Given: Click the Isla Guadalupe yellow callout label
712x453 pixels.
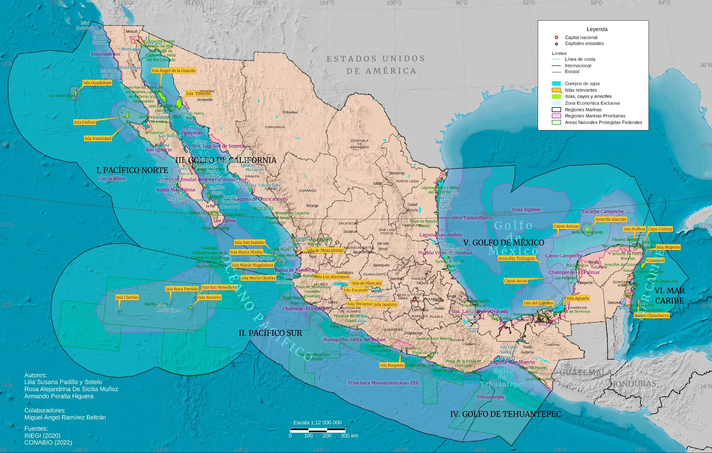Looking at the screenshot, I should click(x=97, y=83).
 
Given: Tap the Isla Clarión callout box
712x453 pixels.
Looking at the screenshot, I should click(x=127, y=297).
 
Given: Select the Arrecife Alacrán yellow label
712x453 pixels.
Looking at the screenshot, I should click(x=611, y=219).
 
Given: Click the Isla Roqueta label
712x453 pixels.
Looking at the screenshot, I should click(x=392, y=365).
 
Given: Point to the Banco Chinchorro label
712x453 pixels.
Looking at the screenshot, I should click(x=652, y=315).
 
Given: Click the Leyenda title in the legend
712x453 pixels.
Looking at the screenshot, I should click(x=597, y=29).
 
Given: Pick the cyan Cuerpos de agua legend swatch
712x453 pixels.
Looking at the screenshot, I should click(x=556, y=83).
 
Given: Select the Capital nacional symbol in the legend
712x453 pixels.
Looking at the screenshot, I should click(x=556, y=37).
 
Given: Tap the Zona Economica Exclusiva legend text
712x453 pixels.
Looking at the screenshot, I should click(x=592, y=103).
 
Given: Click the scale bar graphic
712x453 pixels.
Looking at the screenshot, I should click(x=317, y=430).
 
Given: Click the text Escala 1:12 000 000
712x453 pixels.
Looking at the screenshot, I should click(x=317, y=423).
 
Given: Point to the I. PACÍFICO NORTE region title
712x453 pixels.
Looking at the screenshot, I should click(x=132, y=170).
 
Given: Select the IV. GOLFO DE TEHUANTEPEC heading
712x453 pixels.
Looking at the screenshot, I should click(x=505, y=414).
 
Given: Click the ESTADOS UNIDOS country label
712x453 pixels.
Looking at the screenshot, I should click(x=376, y=58).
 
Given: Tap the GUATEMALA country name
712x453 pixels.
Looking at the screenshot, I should click(x=586, y=372).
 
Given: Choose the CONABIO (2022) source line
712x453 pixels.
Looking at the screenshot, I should click(x=48, y=442).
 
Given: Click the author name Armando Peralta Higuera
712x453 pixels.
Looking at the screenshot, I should click(x=59, y=396).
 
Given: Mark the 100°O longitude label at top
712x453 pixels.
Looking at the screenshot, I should click(x=394, y=3).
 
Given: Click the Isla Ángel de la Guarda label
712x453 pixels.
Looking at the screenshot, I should click(x=173, y=70).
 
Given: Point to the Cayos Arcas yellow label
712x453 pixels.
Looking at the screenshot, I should click(x=515, y=281).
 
